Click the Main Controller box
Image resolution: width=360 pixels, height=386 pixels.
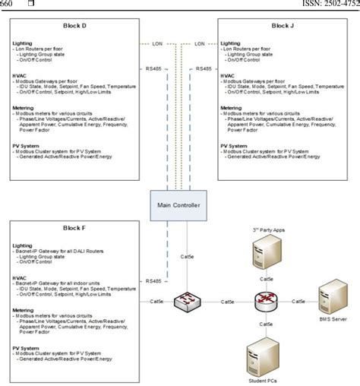point(179,204)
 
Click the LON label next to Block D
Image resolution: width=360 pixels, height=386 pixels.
point(156,44)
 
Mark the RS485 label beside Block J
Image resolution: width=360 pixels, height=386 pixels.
point(203,68)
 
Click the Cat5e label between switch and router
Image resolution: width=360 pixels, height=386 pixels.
point(226,302)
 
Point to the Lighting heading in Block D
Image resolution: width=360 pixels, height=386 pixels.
point(23,43)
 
